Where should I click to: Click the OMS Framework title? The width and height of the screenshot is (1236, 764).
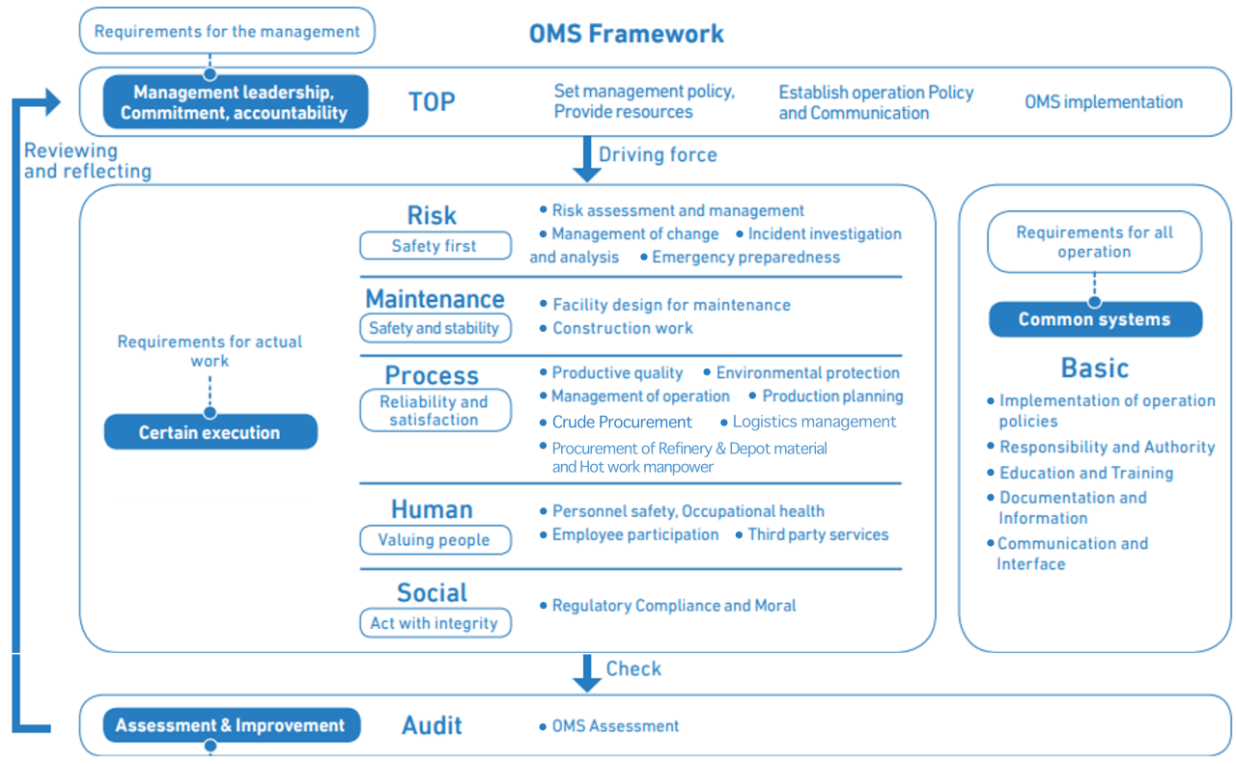click(x=626, y=34)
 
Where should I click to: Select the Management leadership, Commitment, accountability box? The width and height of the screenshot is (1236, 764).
click(x=236, y=102)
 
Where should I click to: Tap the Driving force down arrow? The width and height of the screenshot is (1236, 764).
click(x=586, y=158)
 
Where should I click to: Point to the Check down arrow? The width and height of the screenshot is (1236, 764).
click(x=586, y=672)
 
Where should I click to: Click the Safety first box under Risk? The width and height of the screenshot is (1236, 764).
click(x=435, y=246)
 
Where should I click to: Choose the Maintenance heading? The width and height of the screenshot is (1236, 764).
click(x=435, y=299)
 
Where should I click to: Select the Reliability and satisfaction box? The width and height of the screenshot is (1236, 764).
click(x=435, y=411)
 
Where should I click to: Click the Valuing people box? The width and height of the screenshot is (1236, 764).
click(x=435, y=540)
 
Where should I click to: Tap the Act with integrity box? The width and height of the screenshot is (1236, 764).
click(x=435, y=623)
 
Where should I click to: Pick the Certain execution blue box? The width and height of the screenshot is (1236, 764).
click(x=211, y=432)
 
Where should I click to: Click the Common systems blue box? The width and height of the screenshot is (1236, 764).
click(x=1094, y=319)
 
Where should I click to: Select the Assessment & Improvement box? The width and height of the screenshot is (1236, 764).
click(x=231, y=725)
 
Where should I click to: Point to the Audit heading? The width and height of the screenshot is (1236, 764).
click(x=432, y=725)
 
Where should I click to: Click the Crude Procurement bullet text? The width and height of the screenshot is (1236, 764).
click(x=622, y=422)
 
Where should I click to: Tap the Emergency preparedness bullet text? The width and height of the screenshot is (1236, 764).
click(x=745, y=258)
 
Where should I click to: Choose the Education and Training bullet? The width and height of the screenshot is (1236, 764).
click(x=1085, y=473)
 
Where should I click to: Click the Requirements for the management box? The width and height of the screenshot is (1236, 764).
click(x=226, y=31)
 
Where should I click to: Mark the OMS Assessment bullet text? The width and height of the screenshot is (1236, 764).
click(x=615, y=725)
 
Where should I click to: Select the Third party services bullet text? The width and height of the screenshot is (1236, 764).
click(x=817, y=534)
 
